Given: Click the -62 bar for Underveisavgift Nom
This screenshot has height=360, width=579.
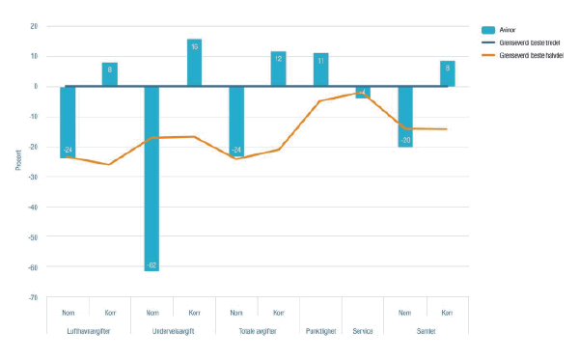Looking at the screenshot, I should tap(152, 179).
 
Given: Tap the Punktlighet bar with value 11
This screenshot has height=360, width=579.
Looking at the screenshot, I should tap(320, 69).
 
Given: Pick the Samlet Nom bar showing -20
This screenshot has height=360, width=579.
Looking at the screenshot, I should tap(405, 116).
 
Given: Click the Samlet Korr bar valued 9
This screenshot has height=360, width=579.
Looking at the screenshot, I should tap(447, 74).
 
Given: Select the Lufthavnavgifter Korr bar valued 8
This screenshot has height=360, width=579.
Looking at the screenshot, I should tap(110, 74).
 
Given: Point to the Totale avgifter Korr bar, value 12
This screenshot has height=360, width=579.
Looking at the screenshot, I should tap(279, 69).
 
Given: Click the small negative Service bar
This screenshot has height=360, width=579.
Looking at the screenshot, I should tap(363, 93).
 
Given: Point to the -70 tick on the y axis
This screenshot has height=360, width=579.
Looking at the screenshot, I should tap(33, 297).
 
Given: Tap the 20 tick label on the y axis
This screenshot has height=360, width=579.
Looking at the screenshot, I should tap(34, 26).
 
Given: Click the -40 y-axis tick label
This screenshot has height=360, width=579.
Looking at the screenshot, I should tap(33, 207).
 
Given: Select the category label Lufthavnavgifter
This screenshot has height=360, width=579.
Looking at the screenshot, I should tap(89, 330).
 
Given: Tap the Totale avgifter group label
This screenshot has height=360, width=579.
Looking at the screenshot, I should tap(258, 330).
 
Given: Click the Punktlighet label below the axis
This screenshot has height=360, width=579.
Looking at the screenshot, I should tap(320, 330).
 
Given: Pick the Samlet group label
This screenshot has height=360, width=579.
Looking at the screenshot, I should tap(426, 330).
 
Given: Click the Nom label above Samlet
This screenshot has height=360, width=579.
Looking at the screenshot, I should tap(405, 313).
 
